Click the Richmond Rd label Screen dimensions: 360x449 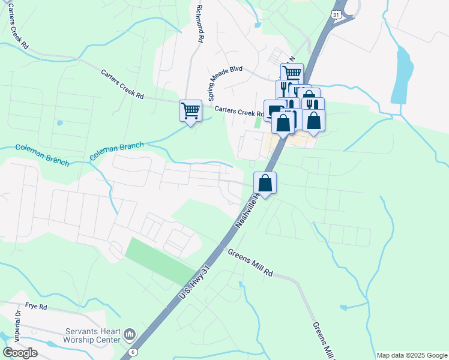tap(199, 25)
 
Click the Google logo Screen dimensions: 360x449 tap(20, 353)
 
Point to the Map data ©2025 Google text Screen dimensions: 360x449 tap(412, 355)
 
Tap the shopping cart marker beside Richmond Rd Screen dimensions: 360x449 tap(190, 110)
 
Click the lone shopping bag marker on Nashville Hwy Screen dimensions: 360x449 tap(265, 183)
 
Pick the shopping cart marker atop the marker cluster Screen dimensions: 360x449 tap(292, 74)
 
